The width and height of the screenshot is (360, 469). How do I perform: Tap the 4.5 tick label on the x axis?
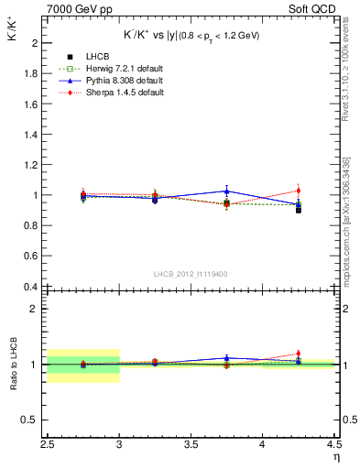pyautogui.click(x=333, y=448)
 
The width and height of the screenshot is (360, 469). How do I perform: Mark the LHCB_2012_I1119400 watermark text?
pyautogui.click(x=191, y=274)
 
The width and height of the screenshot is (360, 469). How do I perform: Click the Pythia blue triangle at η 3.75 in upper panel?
pyautogui.click(x=226, y=191)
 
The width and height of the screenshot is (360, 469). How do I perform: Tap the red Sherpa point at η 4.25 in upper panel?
pyautogui.click(x=299, y=191)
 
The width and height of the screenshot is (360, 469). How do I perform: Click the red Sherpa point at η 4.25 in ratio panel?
pyautogui.click(x=299, y=354)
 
